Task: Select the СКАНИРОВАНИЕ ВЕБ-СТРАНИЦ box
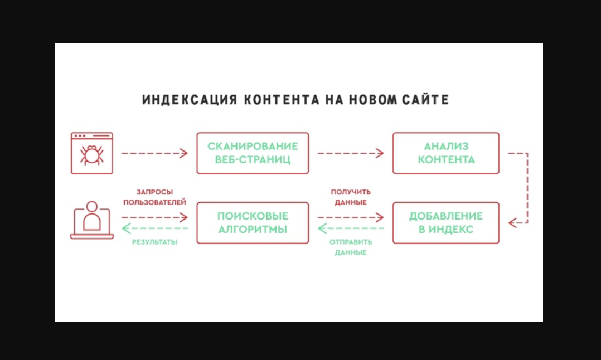pyautogui.click(x=253, y=153)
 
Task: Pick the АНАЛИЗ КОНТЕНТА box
pyautogui.click(x=446, y=153)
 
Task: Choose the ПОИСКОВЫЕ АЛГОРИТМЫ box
pyautogui.click(x=253, y=223)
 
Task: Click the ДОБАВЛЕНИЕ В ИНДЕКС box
pyautogui.click(x=446, y=223)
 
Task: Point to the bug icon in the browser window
pyautogui.click(x=91, y=154)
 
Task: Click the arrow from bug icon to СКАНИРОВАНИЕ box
pyautogui.click(x=154, y=153)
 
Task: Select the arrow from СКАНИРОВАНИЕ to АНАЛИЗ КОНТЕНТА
pyautogui.click(x=351, y=153)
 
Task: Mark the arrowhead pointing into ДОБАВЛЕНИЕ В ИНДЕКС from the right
pyautogui.click(x=512, y=223)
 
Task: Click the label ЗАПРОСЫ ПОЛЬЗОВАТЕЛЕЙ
pyautogui.click(x=154, y=196)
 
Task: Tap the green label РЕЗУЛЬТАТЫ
pyautogui.click(x=154, y=242)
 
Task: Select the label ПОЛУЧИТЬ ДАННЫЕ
pyautogui.click(x=351, y=196)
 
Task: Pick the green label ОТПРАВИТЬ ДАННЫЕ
pyautogui.click(x=351, y=247)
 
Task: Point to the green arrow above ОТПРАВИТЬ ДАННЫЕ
pyautogui.click(x=351, y=228)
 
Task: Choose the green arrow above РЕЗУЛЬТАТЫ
pyautogui.click(x=154, y=228)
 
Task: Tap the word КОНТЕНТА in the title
pyautogui.click(x=279, y=100)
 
